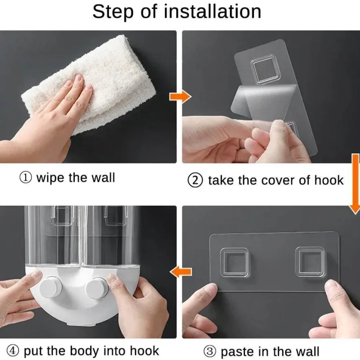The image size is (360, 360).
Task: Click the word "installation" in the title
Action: (x=212, y=12)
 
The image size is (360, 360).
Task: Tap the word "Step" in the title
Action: (x=113, y=12)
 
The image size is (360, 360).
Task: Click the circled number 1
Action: (x=26, y=178)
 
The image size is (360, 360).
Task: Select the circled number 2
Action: (x=195, y=180)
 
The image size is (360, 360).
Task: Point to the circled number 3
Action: (x=210, y=351)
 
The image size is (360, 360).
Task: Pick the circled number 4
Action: (x=13, y=350)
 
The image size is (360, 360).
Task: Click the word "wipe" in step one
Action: (x=50, y=178)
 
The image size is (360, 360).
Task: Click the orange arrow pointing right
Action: (x=180, y=96)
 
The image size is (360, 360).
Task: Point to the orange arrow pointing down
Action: (x=355, y=184)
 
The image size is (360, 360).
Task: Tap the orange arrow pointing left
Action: (x=180, y=272)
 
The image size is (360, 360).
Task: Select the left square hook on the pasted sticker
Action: (x=234, y=262)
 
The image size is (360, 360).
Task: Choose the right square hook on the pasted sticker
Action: (x=310, y=261)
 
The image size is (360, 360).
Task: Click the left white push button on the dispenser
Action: (x=51, y=287)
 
